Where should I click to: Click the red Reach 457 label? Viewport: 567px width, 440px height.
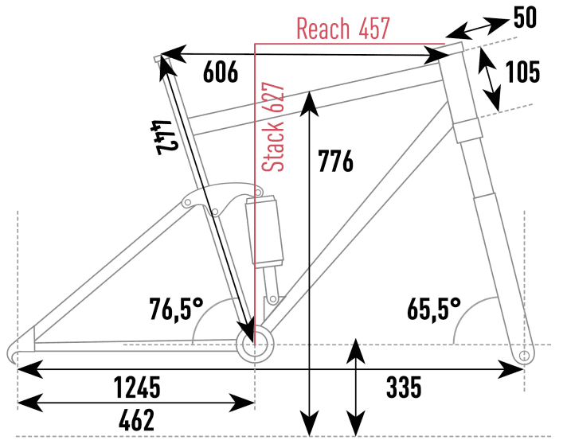click(342, 29)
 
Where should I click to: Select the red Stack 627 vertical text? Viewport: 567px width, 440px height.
click(273, 127)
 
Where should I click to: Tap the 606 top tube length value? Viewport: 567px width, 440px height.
click(221, 72)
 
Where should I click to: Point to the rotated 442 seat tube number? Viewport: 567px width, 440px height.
click(164, 138)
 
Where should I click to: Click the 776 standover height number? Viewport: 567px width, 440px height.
click(335, 162)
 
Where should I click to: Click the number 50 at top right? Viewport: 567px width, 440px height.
click(525, 18)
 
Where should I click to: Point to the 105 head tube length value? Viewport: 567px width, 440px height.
click(523, 72)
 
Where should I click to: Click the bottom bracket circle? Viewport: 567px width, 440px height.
click(256, 344)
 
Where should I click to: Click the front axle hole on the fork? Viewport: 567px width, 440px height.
click(523, 354)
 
